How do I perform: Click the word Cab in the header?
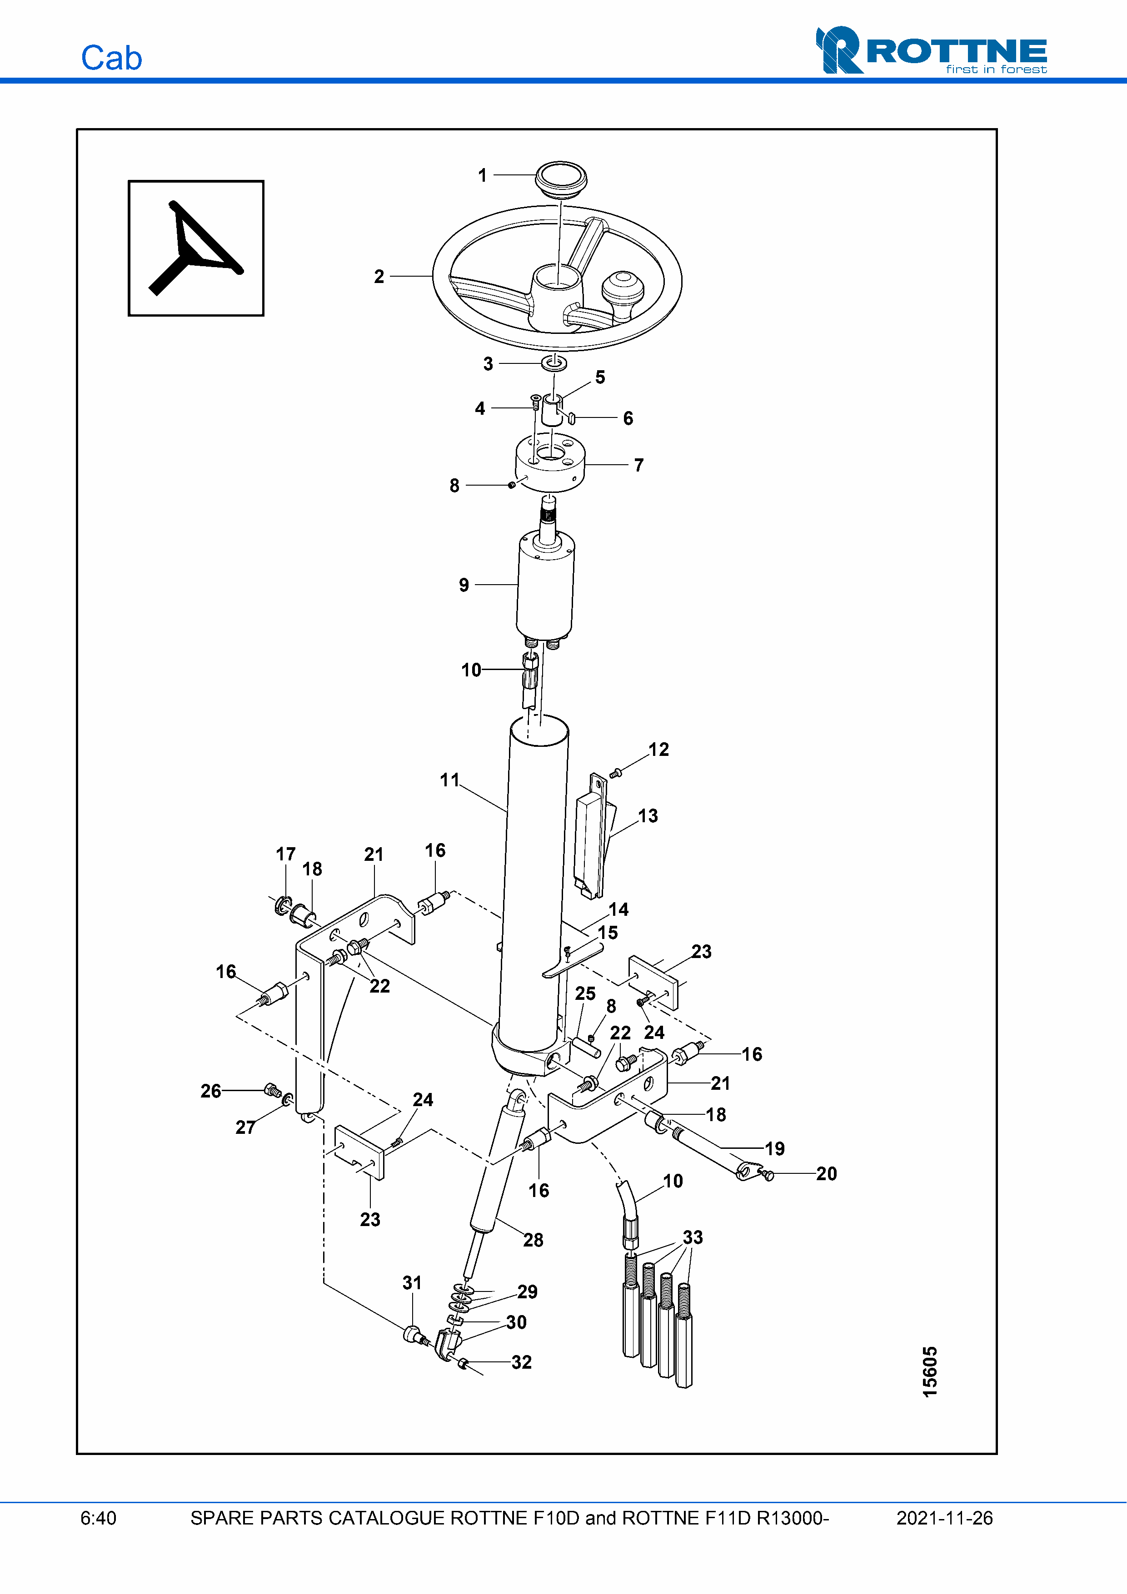coord(111,58)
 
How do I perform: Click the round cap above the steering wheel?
coord(560,179)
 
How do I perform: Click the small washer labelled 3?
coord(554,363)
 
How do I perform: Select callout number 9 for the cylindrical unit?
coord(464,585)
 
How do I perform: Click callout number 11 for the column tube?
coord(449,780)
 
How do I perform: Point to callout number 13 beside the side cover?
coord(648,816)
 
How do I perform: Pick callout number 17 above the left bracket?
coord(285,854)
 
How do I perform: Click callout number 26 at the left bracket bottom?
coord(210,1091)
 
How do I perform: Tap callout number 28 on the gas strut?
coord(533,1240)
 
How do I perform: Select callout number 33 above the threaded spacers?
coord(692,1237)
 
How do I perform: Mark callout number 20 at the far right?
coord(826,1174)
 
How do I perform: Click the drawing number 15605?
coord(930,1372)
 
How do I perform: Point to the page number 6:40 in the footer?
coord(99,1518)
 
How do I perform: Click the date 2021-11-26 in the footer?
coord(944,1518)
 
